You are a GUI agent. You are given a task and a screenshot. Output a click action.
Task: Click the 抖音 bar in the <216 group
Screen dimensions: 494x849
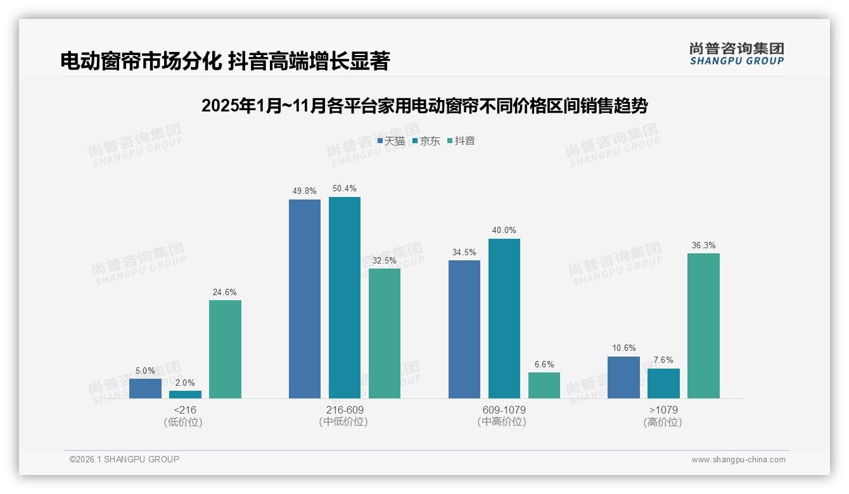(225, 349)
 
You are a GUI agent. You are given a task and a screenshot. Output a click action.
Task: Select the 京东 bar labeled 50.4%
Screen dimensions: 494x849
(345, 298)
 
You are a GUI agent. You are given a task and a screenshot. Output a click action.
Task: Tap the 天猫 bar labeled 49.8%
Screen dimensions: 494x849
(305, 299)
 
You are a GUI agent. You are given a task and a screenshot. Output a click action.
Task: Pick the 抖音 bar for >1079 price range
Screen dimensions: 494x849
(703, 326)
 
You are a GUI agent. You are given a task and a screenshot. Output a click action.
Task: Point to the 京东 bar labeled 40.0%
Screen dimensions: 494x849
(504, 319)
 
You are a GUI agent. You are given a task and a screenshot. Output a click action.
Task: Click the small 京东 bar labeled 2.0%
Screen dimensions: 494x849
(185, 395)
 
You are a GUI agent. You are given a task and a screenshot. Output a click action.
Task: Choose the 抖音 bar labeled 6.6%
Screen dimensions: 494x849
(544, 385)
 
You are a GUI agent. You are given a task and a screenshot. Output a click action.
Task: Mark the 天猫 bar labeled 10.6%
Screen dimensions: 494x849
(623, 377)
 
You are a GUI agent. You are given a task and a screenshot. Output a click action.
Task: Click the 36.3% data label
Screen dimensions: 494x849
(703, 246)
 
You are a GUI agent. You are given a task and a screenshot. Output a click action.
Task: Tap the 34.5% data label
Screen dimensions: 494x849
(464, 253)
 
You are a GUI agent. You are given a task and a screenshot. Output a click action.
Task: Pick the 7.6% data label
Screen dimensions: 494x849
(663, 360)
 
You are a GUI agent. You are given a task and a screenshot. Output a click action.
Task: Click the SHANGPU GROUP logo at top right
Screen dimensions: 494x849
(736, 54)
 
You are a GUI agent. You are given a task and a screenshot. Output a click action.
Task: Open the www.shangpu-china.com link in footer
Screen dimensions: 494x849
(738, 460)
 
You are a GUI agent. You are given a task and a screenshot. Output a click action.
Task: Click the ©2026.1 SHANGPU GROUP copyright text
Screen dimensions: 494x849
(124, 459)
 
